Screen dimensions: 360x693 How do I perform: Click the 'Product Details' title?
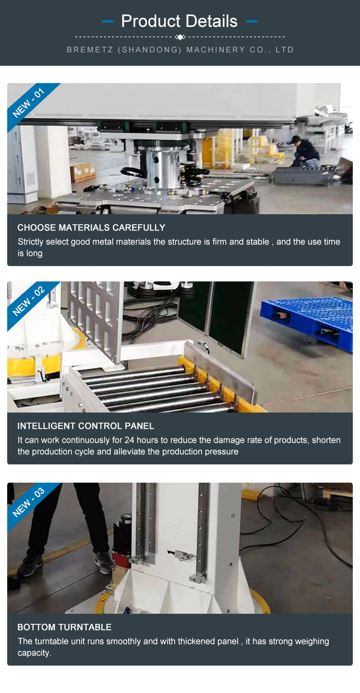click(x=179, y=21)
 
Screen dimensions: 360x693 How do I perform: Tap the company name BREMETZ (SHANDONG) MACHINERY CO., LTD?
click(x=180, y=50)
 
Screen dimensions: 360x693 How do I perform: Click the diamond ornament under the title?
click(x=180, y=37)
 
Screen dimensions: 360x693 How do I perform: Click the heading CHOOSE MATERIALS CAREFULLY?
click(x=91, y=228)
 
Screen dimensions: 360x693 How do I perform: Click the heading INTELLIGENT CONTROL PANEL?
click(x=85, y=426)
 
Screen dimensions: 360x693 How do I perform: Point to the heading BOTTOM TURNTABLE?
click(x=64, y=627)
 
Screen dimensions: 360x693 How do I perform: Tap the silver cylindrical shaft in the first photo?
click(x=164, y=168)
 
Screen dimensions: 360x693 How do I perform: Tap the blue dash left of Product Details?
click(x=108, y=21)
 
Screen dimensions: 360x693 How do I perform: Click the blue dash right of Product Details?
click(x=252, y=21)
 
